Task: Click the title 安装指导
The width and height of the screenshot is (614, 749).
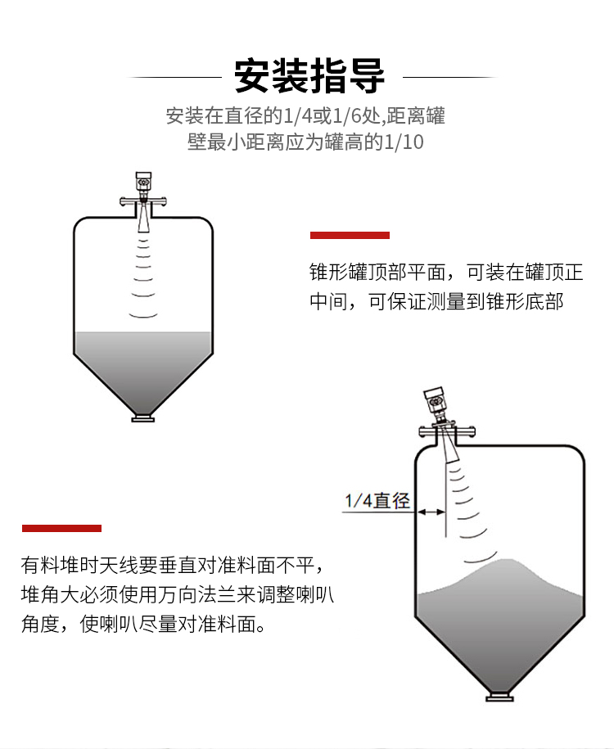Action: (x=309, y=76)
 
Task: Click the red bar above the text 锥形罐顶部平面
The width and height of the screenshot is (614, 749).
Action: (x=350, y=235)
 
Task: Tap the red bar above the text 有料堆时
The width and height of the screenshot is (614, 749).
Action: (x=61, y=528)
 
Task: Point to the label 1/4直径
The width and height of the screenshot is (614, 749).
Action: (x=377, y=501)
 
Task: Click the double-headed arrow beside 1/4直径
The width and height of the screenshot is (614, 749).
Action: (x=431, y=512)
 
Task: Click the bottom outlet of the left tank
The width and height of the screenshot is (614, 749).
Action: (x=143, y=419)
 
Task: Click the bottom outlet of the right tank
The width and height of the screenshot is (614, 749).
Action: (x=500, y=697)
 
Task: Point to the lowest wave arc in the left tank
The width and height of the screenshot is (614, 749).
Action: (x=143, y=316)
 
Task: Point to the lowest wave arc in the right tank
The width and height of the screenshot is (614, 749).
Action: (x=481, y=558)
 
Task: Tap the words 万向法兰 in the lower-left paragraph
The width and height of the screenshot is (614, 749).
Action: (x=196, y=595)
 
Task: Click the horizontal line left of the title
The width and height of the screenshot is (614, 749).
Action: (x=175, y=77)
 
